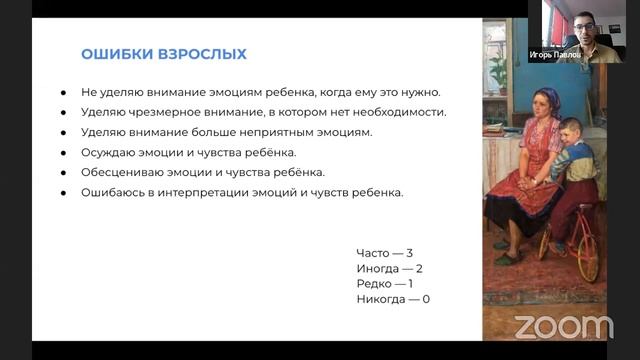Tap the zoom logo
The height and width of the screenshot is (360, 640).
point(563,326)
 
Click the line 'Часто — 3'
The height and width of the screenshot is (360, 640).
point(384,254)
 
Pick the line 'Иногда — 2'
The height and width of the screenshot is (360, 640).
point(389,269)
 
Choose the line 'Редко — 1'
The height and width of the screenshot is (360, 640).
point(384,284)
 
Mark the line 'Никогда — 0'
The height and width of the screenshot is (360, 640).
point(393,299)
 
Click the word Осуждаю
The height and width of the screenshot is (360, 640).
point(110,152)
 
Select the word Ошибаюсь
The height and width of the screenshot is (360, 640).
point(114,192)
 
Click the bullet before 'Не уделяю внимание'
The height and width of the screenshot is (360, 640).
point(64,92)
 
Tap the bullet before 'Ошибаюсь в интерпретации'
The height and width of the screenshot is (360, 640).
point(64,192)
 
